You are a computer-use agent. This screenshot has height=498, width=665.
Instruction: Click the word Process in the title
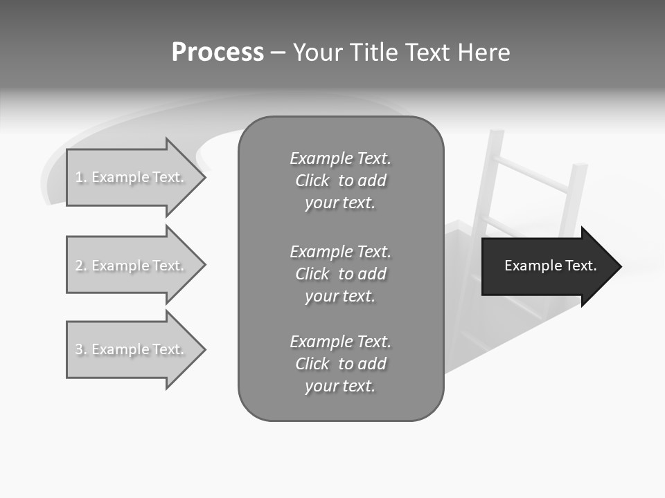pyautogui.click(x=218, y=53)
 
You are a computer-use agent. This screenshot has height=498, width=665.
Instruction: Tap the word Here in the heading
pyautogui.click(x=483, y=53)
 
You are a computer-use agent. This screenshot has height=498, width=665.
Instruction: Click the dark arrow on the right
pyautogui.click(x=547, y=266)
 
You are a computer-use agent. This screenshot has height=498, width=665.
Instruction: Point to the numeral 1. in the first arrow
pyautogui.click(x=80, y=177)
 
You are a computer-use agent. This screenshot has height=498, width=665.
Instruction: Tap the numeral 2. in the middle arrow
pyautogui.click(x=80, y=266)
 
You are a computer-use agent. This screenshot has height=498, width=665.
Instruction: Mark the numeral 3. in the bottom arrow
pyautogui.click(x=80, y=349)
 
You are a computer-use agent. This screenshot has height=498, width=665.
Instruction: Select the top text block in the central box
pyautogui.click(x=340, y=181)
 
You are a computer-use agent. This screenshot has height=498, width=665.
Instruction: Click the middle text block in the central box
pyautogui.click(x=340, y=274)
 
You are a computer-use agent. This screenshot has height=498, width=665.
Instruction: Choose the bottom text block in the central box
pyautogui.click(x=340, y=364)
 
